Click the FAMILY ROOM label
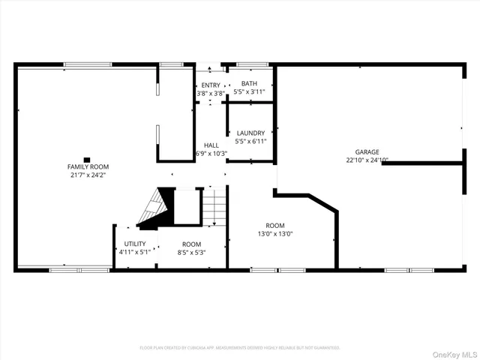pos(88,166)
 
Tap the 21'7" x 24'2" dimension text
pos(88,175)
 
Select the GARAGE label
pos(367,151)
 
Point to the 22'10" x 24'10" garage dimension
pos(367,160)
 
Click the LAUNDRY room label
pos(250,133)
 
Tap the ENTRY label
pos(211,85)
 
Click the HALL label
pos(211,145)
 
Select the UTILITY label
pos(135,244)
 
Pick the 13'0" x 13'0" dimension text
pos(274,233)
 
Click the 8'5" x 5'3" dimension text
pos(191,252)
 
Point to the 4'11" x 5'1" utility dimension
pos(135,252)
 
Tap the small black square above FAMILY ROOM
pos(88,159)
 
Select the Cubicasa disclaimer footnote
pos(240,347)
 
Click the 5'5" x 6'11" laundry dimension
pos(250,141)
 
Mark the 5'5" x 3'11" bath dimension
pos(249,92)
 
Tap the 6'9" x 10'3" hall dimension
pos(211,153)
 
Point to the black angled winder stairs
pos(153,210)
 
